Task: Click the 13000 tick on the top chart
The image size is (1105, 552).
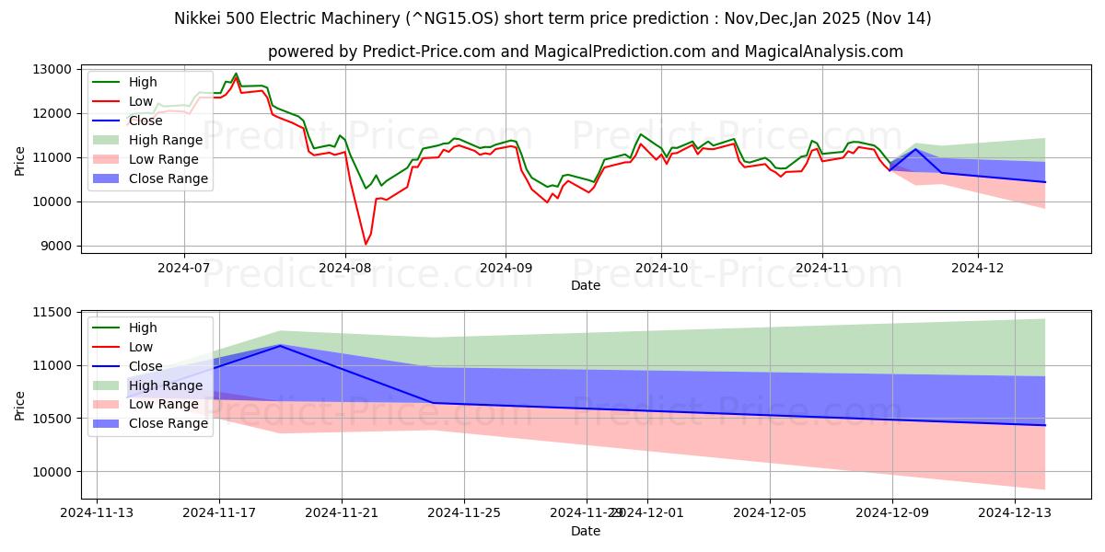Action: pyautogui.click(x=53, y=69)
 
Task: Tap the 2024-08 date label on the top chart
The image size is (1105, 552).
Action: pyautogui.click(x=344, y=267)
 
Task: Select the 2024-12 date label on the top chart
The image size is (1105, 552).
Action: pyautogui.click(x=978, y=267)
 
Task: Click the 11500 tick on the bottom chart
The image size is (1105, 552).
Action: pyautogui.click(x=53, y=313)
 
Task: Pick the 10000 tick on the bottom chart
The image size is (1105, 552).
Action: pyautogui.click(x=53, y=472)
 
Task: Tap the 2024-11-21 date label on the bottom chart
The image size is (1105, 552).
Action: pyautogui.click(x=342, y=512)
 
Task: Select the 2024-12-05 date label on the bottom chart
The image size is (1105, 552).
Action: pyautogui.click(x=770, y=512)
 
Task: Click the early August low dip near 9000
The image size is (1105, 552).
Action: pyautogui.click(x=366, y=244)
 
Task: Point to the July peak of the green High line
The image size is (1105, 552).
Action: pyautogui.click(x=236, y=74)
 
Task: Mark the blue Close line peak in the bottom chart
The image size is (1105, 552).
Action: pyautogui.click(x=280, y=345)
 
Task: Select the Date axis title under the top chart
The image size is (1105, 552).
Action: pyautogui.click(x=586, y=285)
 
